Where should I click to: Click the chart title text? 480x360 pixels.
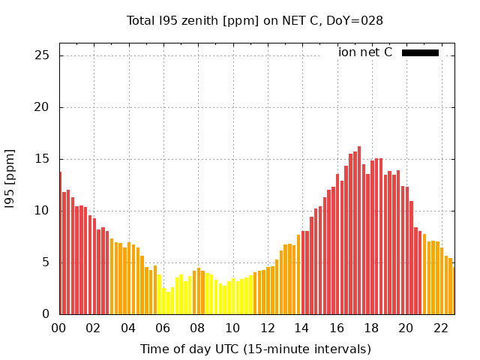pyautogui.click(x=255, y=21)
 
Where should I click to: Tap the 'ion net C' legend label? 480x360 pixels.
pyautogui.click(x=365, y=52)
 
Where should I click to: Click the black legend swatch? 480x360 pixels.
pyautogui.click(x=420, y=52)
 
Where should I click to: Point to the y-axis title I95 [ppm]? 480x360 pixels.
pyautogui.click(x=10, y=178)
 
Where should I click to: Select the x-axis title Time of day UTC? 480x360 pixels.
pyautogui.click(x=255, y=349)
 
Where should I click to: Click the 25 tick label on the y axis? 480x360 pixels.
pyautogui.click(x=42, y=55)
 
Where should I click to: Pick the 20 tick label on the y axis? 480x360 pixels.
pyautogui.click(x=42, y=107)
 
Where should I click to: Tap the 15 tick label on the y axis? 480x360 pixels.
pyautogui.click(x=42, y=159)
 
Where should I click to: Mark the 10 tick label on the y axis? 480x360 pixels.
pyautogui.click(x=42, y=211)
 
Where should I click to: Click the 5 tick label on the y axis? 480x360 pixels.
pyautogui.click(x=46, y=262)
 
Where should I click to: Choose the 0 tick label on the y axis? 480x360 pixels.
pyautogui.click(x=46, y=314)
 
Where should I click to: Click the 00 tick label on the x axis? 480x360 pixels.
pyautogui.click(x=58, y=328)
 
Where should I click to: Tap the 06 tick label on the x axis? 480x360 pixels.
pyautogui.click(x=163, y=328)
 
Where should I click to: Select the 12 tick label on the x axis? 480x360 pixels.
pyautogui.click(x=267, y=328)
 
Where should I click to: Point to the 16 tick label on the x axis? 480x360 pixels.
pyautogui.click(x=337, y=328)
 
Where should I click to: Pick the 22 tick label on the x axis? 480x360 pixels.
pyautogui.click(x=441, y=328)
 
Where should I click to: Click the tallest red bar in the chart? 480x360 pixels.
pyautogui.click(x=359, y=230)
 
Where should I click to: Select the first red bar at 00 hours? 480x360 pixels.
pyautogui.click(x=60, y=243)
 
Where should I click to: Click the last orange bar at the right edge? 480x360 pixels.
pyautogui.click(x=453, y=291)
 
